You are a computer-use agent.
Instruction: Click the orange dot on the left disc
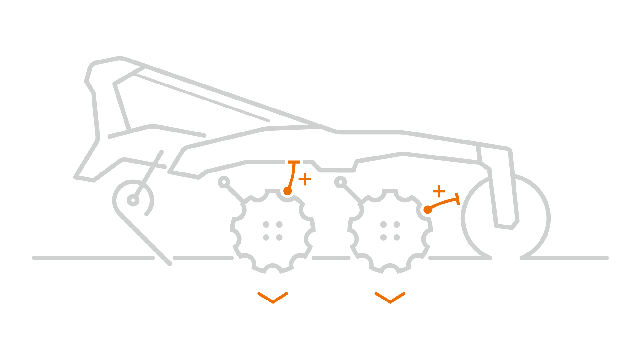288,191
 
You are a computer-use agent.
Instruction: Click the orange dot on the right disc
428,210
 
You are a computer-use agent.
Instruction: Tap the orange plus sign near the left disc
304,179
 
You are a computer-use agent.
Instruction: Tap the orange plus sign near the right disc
439,191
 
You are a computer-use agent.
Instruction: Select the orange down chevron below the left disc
273,298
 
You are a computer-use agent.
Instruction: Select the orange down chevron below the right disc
390,298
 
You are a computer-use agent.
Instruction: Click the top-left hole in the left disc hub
266,224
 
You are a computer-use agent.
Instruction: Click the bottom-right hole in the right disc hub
397,237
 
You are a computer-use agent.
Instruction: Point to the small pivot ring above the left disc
224,182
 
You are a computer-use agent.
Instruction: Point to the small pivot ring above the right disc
340,182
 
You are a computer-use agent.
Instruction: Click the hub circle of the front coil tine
133,201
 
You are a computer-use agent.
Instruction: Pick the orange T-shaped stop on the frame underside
294,162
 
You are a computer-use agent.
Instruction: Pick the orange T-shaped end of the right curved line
458,199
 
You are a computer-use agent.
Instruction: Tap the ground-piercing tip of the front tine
170,264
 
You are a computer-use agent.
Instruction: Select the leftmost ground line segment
93,258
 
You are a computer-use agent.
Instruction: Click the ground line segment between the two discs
331,258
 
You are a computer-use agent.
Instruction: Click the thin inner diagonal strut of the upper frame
202,98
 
